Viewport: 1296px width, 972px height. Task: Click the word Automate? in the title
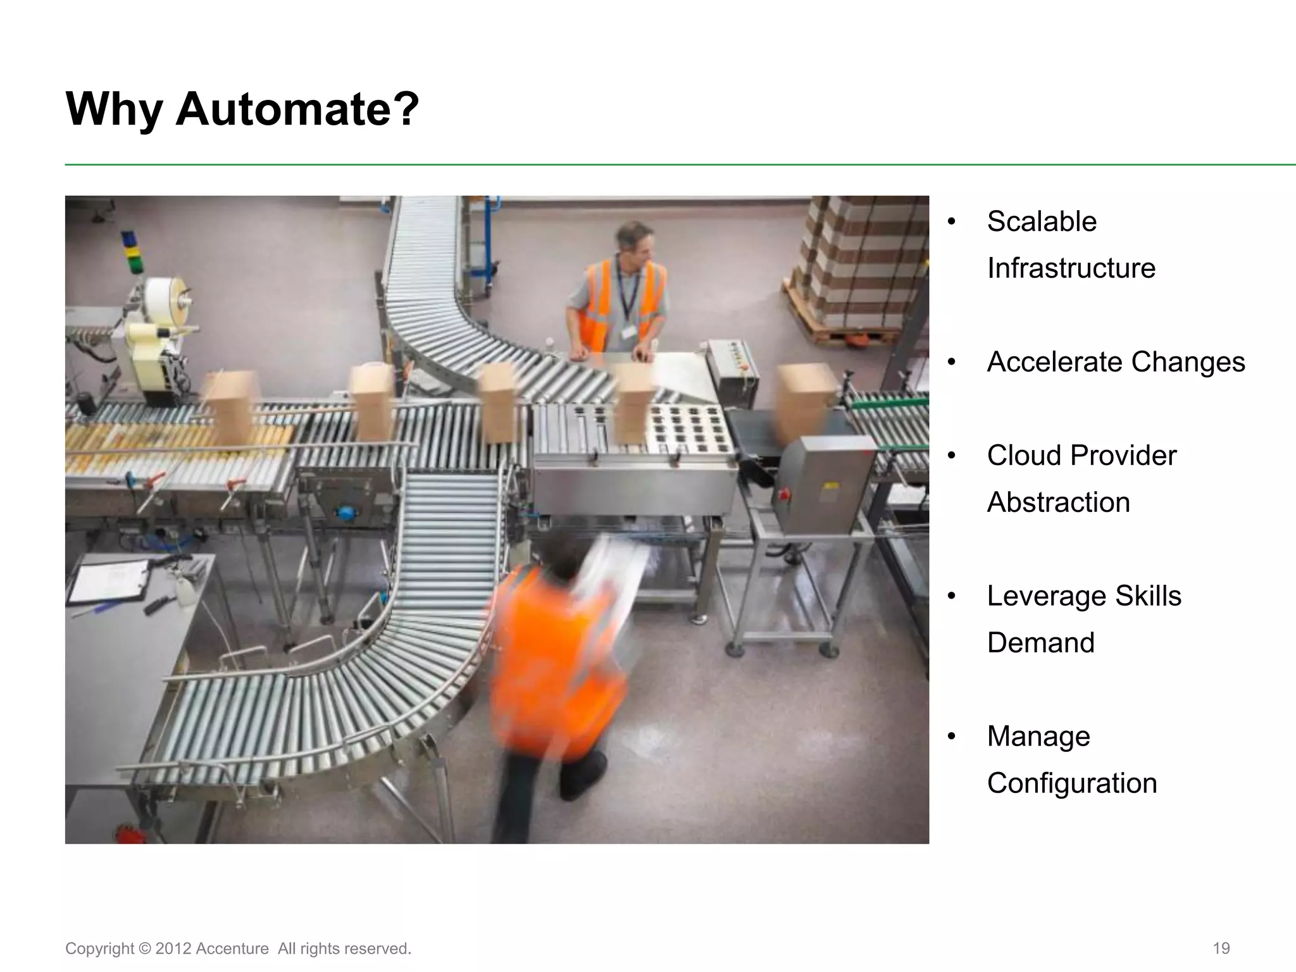297,109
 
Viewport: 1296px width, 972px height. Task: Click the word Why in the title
114,109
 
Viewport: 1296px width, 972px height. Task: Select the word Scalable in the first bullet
1042,221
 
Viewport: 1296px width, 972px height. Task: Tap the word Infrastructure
1071,268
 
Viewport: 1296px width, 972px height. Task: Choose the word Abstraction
1058,502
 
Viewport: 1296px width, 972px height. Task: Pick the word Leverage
1046,596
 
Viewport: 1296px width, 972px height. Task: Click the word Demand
1040,643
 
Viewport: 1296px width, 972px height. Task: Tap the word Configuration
1071,783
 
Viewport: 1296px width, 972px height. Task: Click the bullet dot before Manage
951,737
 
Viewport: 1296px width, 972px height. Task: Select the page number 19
1221,949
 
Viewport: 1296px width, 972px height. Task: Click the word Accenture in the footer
232,949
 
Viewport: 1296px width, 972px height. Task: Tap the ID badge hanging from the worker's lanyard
628,332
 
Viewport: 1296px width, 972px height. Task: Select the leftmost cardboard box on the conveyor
229,408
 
